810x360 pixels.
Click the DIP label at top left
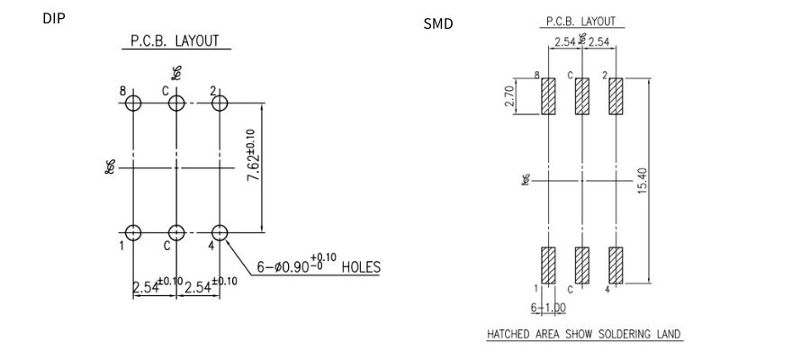coord(54,18)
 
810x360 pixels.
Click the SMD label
coord(438,23)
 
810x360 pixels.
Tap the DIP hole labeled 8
coord(133,103)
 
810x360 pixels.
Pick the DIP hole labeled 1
coord(133,233)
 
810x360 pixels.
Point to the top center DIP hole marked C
coord(176,103)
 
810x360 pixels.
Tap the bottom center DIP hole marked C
coord(176,233)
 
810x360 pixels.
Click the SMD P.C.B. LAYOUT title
coord(581,22)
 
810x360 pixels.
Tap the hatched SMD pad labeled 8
coord(547,96)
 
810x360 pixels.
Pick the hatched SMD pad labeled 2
coord(616,96)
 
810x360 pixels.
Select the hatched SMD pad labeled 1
coord(547,265)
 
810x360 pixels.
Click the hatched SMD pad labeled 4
coord(616,265)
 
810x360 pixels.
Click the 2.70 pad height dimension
coord(509,96)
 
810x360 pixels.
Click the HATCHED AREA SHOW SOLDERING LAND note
coord(583,334)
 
